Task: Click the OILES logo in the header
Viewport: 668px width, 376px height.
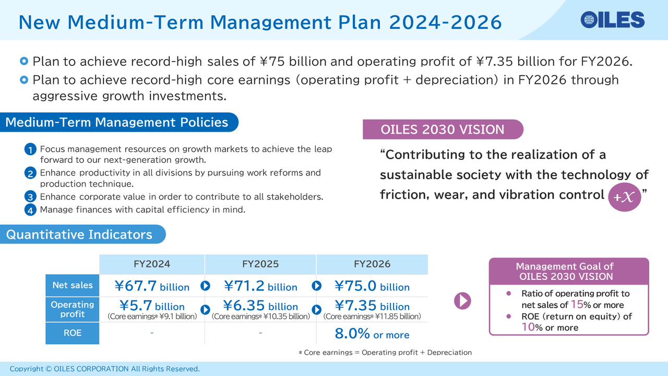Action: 612,20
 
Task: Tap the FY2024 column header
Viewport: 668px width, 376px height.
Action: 151,264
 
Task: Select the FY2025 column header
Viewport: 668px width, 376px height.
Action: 260,264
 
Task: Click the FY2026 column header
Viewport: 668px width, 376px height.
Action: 372,264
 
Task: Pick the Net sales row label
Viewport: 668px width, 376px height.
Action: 72,285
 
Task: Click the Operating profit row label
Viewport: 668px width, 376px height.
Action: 72,309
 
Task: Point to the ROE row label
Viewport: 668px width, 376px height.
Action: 72,333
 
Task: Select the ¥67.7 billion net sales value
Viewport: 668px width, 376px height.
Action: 152,286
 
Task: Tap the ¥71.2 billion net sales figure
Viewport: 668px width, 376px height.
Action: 260,286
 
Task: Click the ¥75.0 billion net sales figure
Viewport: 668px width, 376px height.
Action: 372,286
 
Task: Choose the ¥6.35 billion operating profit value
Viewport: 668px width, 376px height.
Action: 260,305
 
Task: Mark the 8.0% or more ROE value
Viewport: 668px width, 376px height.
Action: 372,334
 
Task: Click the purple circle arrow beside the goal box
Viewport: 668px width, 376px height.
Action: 462,300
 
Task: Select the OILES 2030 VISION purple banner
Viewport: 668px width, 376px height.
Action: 443,130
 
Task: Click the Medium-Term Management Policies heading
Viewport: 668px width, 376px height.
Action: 117,123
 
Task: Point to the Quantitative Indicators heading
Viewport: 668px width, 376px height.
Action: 79,234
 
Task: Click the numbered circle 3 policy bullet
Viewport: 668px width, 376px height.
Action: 31,197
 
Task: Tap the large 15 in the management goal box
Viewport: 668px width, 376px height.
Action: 577,304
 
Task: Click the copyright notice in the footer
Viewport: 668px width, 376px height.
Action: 104,369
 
